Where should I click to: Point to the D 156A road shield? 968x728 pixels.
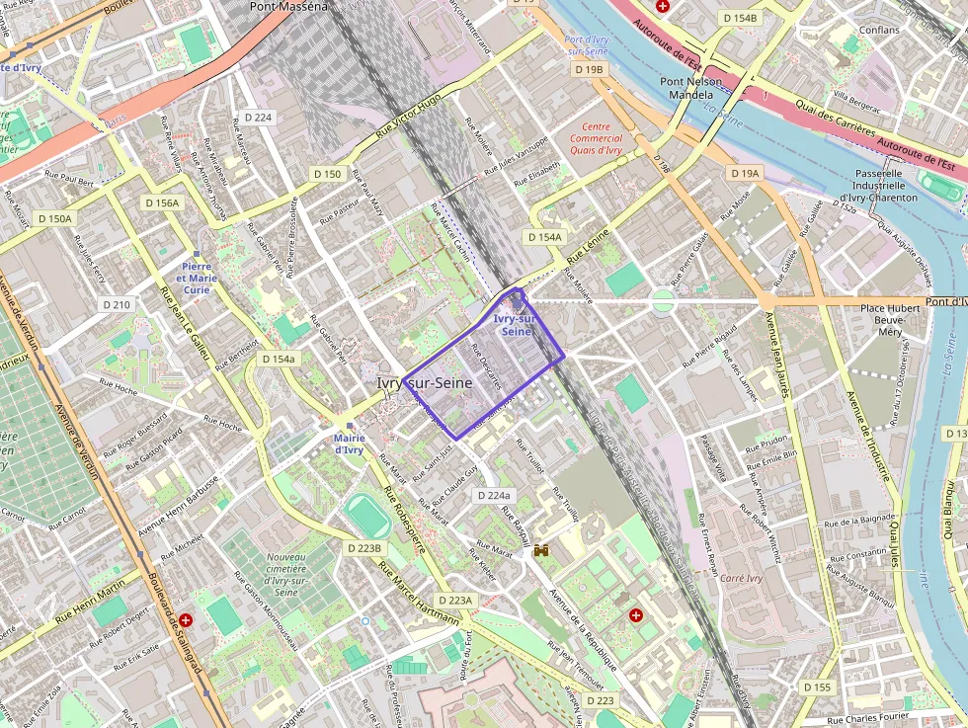(162, 202)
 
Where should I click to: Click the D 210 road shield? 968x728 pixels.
(117, 304)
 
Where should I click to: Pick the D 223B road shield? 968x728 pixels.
(363, 547)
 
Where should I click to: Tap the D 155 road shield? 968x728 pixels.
(817, 687)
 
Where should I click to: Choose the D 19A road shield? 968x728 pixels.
(745, 173)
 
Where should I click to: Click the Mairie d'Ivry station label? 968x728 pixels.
(349, 444)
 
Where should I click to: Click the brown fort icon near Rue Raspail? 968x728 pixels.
(541, 550)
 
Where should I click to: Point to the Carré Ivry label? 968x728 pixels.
(742, 578)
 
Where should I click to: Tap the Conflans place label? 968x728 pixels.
(878, 30)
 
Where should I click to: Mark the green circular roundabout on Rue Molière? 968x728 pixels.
(663, 301)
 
